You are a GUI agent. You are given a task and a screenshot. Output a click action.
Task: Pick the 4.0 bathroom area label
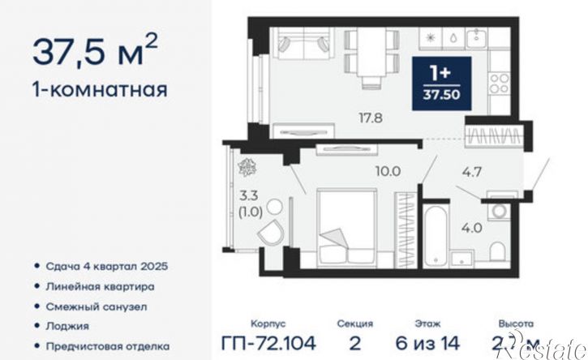[x=472, y=228]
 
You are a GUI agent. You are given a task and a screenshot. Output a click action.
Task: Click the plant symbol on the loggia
[x=246, y=166]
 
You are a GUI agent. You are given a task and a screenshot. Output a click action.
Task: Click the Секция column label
[x=354, y=323]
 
